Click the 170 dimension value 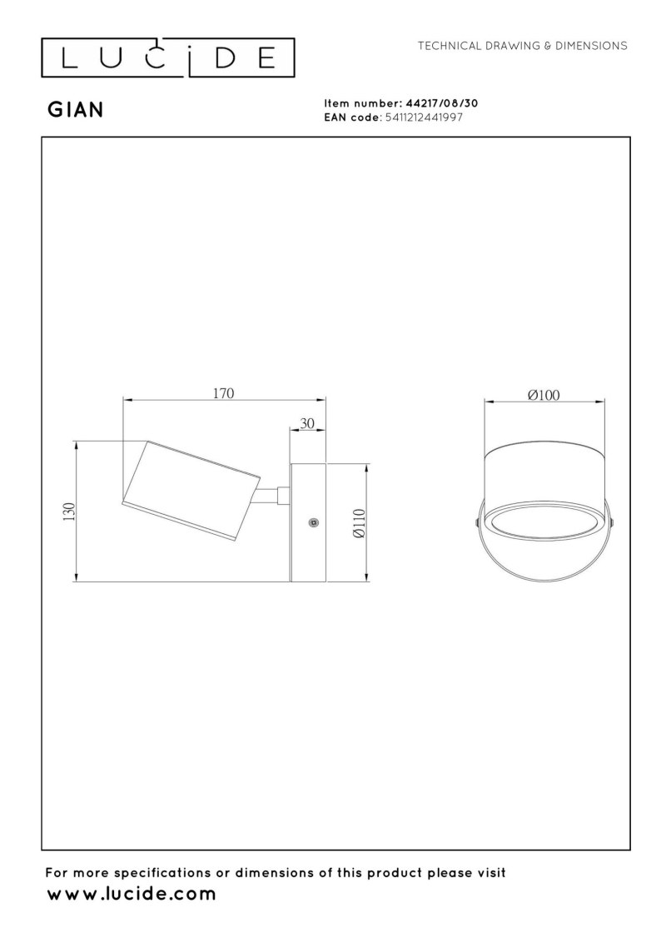tap(223, 393)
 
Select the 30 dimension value tap(306, 423)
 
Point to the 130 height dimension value tap(69, 511)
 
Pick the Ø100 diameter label tap(544, 395)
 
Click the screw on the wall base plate tap(313, 522)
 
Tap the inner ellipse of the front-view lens tap(544, 526)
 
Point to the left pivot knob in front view tap(476, 523)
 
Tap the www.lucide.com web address tap(131, 895)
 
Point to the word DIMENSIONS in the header tap(588, 45)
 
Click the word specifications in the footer tap(165, 873)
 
